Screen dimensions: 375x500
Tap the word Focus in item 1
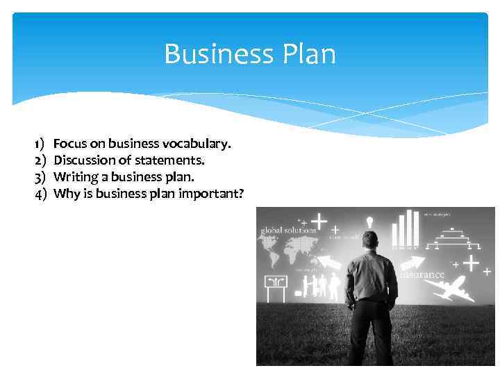[x=69, y=144]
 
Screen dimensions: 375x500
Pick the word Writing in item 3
[x=75, y=176]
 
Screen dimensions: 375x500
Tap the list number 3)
[x=40, y=176]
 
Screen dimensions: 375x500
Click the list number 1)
[x=40, y=144]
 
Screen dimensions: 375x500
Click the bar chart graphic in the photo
[x=406, y=228]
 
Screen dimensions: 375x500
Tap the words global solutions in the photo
[x=288, y=230]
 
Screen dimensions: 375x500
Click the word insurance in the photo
[x=422, y=274]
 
